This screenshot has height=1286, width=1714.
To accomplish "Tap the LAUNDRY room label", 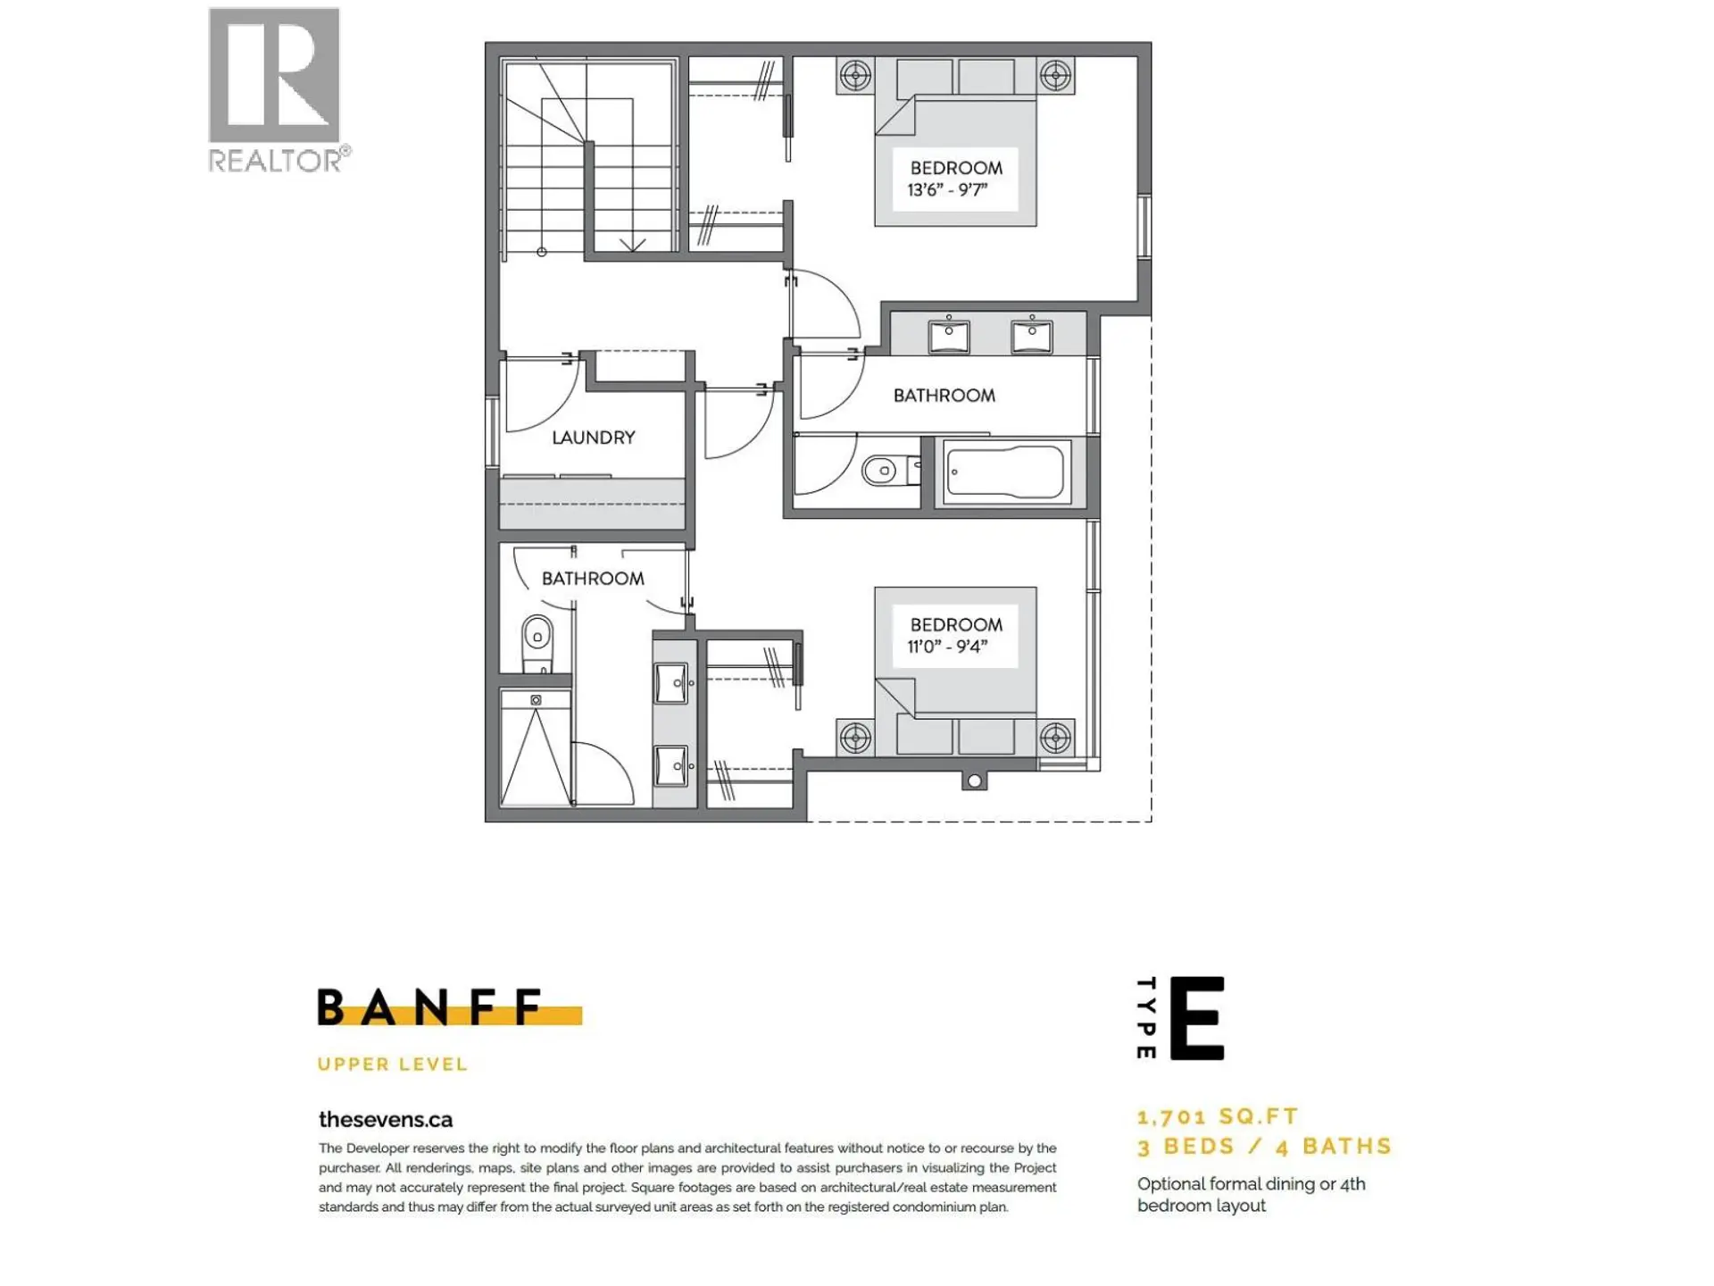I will (x=593, y=438).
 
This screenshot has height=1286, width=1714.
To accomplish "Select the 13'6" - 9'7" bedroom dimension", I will (x=947, y=190).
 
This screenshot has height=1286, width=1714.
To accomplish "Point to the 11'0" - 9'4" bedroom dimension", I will (x=947, y=647).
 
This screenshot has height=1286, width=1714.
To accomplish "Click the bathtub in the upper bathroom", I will (x=1005, y=472).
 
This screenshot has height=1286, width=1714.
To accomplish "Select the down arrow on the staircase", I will (x=632, y=244).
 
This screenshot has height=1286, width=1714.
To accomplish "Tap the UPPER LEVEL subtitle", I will (x=392, y=1065).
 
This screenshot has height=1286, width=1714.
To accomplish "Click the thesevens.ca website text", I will (x=386, y=1120).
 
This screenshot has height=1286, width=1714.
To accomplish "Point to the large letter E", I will (x=1196, y=1018).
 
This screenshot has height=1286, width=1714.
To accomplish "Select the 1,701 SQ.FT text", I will (x=1218, y=1116).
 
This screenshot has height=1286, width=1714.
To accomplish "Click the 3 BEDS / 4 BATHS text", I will (x=1264, y=1147).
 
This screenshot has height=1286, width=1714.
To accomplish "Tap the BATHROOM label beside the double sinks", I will (x=944, y=396).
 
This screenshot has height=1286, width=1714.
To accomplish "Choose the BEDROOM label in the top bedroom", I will (x=956, y=168).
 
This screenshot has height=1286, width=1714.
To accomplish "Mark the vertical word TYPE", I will (x=1146, y=1018).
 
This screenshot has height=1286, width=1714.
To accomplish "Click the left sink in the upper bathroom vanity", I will (x=948, y=337).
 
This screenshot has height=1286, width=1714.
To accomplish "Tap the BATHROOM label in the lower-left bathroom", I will (x=593, y=579).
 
